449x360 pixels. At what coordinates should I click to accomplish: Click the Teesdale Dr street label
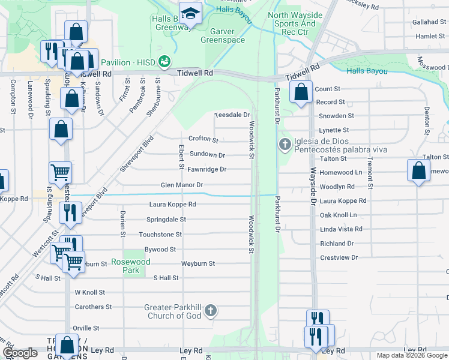232,114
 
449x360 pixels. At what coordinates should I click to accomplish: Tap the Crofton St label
203,139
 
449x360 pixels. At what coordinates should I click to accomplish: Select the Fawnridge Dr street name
206,170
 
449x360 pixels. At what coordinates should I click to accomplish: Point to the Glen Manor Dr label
182,185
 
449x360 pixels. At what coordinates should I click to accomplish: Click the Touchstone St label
160,235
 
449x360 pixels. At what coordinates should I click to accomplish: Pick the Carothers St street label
93,307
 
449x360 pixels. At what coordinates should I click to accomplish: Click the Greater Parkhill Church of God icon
210,311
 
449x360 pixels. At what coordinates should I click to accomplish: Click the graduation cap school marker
191,14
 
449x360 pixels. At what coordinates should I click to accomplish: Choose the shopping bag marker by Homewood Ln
418,170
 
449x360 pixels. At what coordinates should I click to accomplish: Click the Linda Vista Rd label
341,229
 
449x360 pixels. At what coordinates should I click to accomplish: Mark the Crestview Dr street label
339,257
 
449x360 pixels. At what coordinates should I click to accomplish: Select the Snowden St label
336,116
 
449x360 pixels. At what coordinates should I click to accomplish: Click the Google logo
20,353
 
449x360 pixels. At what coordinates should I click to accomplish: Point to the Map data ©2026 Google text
412,355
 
